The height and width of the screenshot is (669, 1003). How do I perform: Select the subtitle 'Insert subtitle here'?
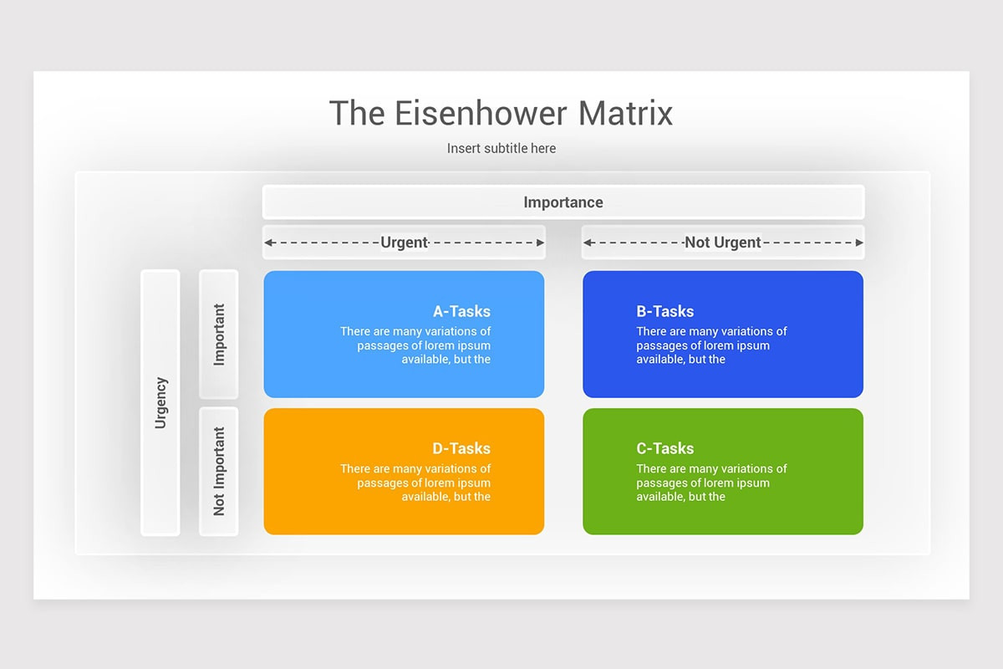click(x=501, y=148)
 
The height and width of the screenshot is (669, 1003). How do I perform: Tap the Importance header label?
click(x=563, y=202)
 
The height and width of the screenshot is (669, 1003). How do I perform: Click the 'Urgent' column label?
click(x=405, y=243)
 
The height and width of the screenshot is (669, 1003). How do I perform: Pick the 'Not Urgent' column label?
click(x=723, y=243)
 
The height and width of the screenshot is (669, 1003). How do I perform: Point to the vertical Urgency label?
click(x=160, y=402)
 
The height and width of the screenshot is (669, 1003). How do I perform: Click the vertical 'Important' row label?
click(x=219, y=334)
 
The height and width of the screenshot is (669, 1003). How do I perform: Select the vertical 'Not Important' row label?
click(x=219, y=471)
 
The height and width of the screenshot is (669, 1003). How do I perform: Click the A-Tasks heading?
click(x=461, y=311)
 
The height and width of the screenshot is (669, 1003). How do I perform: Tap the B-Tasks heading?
click(x=665, y=311)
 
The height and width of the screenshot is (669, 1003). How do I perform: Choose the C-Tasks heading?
click(x=665, y=448)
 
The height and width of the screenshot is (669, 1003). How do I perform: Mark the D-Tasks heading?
click(x=461, y=448)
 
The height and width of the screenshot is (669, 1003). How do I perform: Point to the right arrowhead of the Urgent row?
click(x=540, y=243)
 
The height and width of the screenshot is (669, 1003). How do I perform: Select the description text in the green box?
click(x=710, y=483)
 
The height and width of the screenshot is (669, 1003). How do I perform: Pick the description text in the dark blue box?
click(x=710, y=345)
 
